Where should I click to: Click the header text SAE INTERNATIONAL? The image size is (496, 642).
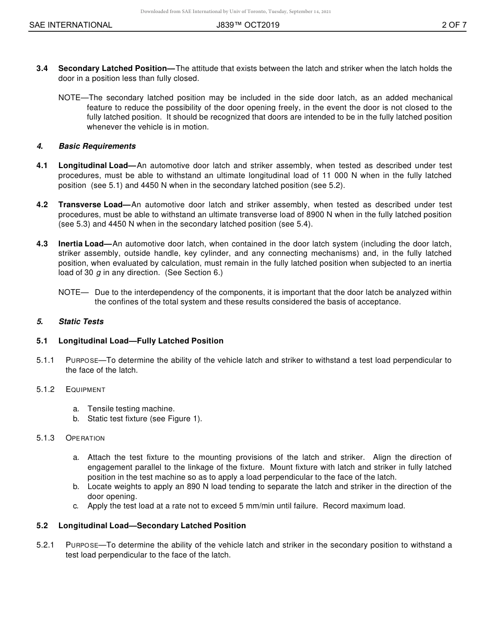(70, 25)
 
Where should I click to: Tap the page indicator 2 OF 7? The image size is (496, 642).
(454, 25)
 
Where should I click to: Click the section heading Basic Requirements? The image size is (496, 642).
(97, 146)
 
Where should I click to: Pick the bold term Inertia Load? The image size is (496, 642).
(85, 244)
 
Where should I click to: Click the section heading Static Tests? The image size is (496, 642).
(81, 322)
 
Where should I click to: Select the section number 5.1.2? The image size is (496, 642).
(45, 389)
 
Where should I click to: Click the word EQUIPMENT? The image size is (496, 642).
(86, 389)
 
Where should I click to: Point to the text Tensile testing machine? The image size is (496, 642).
(131, 409)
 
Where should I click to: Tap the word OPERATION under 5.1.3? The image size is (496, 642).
(86, 438)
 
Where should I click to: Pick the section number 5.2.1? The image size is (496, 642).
(45, 545)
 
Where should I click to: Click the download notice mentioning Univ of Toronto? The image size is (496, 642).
(235, 11)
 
